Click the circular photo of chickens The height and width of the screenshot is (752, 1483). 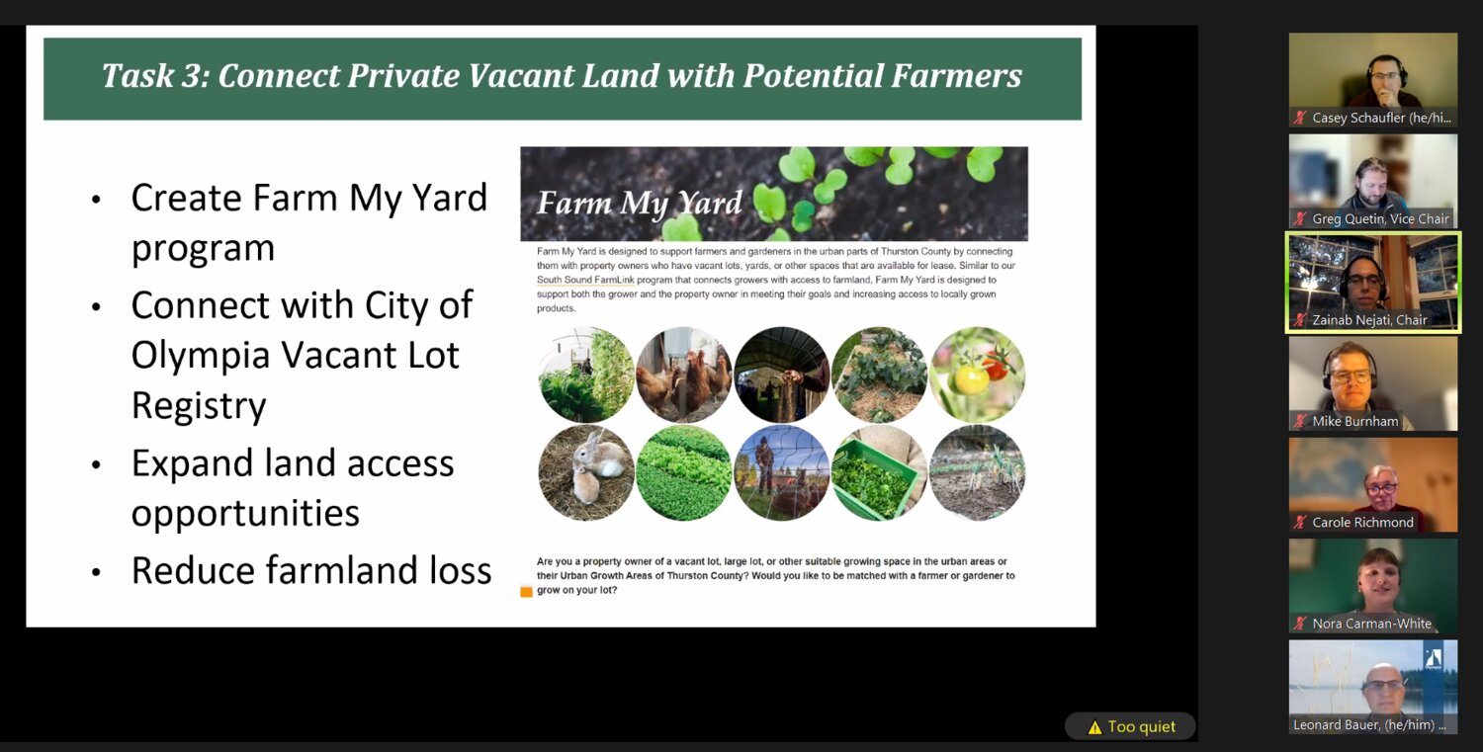click(684, 375)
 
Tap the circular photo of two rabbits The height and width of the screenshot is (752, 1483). click(586, 472)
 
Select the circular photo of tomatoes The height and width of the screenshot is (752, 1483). click(977, 375)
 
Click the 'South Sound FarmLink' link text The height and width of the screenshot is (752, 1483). click(585, 280)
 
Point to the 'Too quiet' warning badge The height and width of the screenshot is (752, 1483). click(1131, 726)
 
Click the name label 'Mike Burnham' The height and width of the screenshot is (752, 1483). click(1355, 421)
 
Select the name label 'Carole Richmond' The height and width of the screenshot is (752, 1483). click(1362, 523)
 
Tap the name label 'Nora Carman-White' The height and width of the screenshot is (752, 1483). click(1372, 624)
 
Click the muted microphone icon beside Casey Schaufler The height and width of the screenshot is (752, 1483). click(1300, 118)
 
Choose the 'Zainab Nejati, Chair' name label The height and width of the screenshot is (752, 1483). click(1369, 320)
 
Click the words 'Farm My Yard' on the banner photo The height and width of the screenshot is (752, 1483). click(639, 203)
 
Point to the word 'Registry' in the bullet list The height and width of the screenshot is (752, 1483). click(199, 406)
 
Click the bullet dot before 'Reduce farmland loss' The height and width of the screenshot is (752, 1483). click(97, 572)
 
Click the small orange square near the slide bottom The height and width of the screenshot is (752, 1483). click(526, 592)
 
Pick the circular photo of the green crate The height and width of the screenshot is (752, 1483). click(879, 472)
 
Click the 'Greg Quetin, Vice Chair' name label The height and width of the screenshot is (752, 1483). click(1380, 218)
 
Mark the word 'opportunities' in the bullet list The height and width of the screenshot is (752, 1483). click(245, 514)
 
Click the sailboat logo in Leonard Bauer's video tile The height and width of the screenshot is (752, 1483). click(1434, 658)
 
